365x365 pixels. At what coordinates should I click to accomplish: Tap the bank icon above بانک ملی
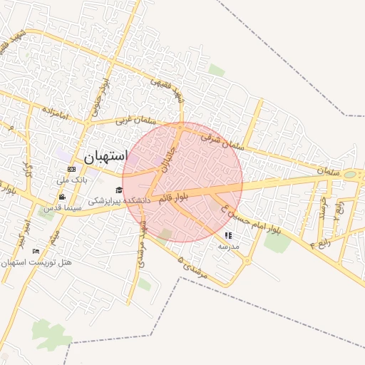[x=71, y=169]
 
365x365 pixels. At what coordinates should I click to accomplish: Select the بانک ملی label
[x=71, y=180]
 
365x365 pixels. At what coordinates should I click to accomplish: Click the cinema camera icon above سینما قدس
[x=63, y=197]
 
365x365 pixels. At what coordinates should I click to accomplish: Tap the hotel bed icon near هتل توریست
[x=36, y=251]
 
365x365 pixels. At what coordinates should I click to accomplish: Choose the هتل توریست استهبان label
[x=36, y=263]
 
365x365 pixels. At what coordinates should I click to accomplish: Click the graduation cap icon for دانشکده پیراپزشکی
[x=118, y=190]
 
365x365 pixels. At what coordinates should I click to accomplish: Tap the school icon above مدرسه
[x=228, y=235]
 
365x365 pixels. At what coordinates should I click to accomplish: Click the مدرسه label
[x=228, y=246]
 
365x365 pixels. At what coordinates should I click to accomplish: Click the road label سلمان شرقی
[x=222, y=139]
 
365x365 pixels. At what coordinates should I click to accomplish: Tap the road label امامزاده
[x=53, y=113]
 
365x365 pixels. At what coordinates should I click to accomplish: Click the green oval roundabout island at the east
[x=350, y=174]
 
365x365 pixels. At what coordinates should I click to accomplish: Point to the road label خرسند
[x=324, y=208]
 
